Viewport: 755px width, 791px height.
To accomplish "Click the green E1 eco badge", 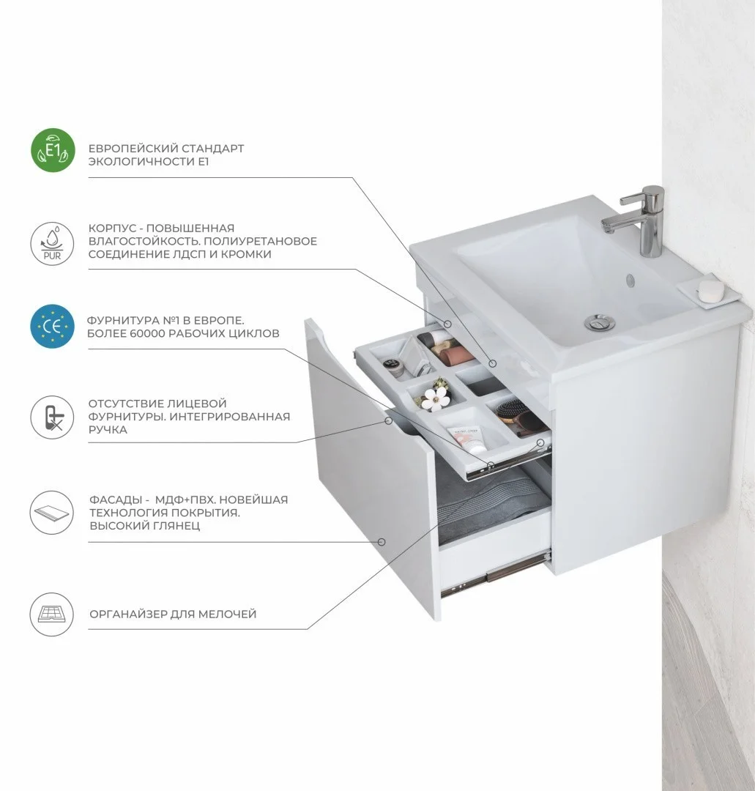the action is pyautogui.click(x=53, y=150).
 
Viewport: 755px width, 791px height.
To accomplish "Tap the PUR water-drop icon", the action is pyautogui.click(x=52, y=242).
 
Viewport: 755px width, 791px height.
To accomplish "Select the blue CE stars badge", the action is pyautogui.click(x=52, y=327).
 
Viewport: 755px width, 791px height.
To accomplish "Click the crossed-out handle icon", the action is pyautogui.click(x=52, y=417).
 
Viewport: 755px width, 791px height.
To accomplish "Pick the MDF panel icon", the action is pyautogui.click(x=52, y=513).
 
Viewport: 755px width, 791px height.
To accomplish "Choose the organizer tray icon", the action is pyautogui.click(x=52, y=614).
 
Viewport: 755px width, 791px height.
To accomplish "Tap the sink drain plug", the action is pyautogui.click(x=599, y=322).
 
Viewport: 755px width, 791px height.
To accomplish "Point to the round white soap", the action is pyautogui.click(x=710, y=289).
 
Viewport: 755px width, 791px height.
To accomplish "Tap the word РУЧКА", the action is pyautogui.click(x=108, y=430).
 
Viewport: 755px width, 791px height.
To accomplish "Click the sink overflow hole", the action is pyautogui.click(x=630, y=278).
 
